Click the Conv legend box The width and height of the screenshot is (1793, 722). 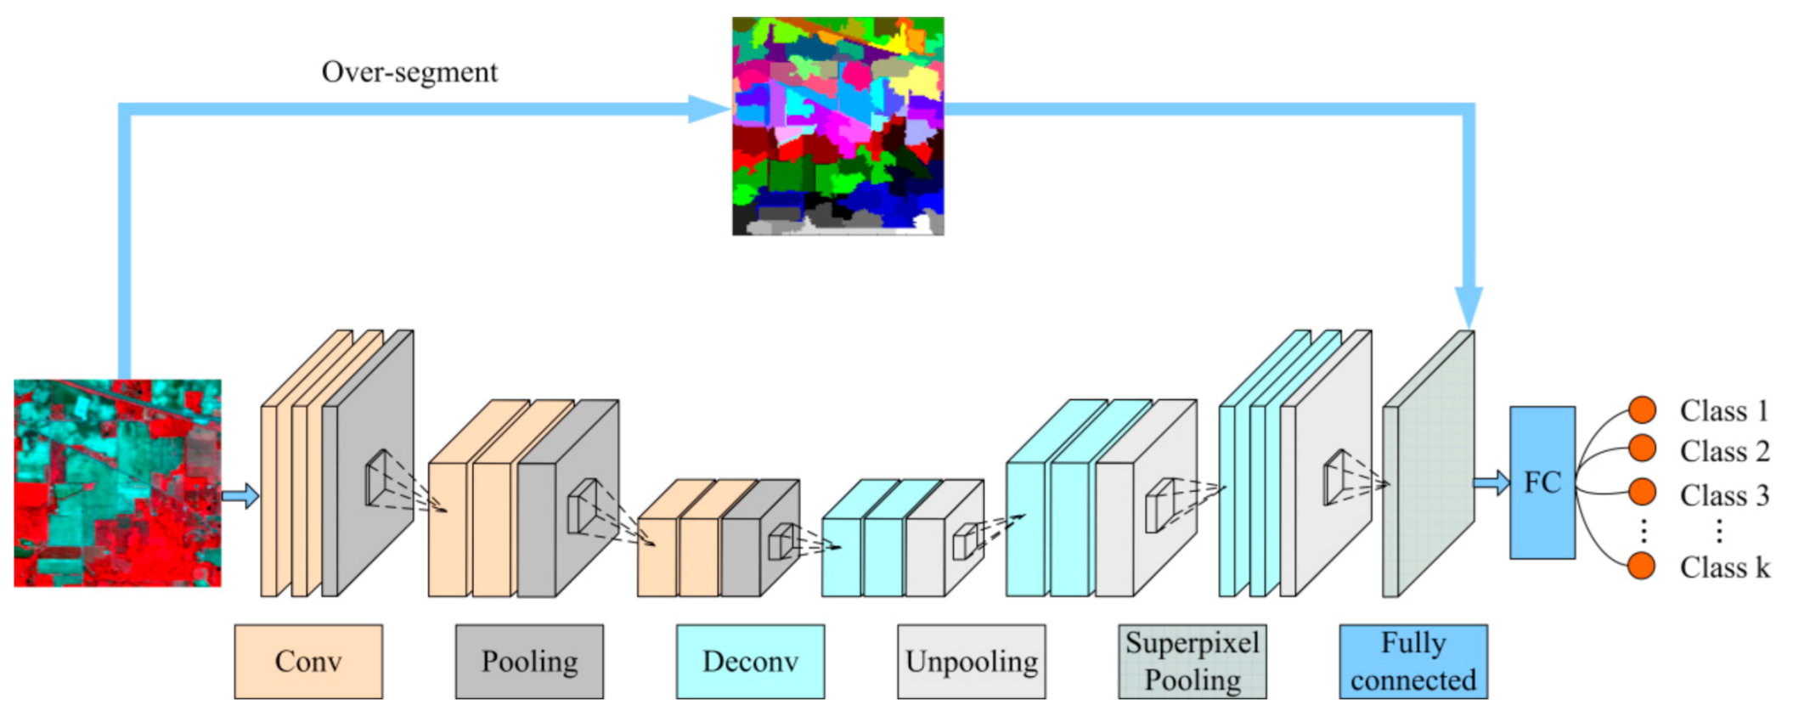308,662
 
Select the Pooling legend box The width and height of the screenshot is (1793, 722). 529,662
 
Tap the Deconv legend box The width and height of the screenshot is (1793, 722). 750,662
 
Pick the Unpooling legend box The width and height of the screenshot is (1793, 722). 971,662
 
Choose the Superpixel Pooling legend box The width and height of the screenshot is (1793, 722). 1192,662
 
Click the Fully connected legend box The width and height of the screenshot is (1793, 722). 1413,662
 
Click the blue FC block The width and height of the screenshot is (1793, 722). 1542,482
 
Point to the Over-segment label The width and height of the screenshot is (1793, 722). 409,72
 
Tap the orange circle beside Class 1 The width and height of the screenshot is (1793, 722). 1642,409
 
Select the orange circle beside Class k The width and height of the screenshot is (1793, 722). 1642,566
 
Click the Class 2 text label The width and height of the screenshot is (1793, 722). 1723,451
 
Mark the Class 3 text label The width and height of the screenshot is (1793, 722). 1723,495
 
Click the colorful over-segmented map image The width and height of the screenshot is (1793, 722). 837,126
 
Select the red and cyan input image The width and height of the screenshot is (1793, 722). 117,482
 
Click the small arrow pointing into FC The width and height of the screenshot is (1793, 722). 1491,483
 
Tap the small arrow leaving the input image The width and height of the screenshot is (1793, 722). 240,495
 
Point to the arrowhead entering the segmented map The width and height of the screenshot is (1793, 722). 709,109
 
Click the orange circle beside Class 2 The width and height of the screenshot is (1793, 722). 1642,448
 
